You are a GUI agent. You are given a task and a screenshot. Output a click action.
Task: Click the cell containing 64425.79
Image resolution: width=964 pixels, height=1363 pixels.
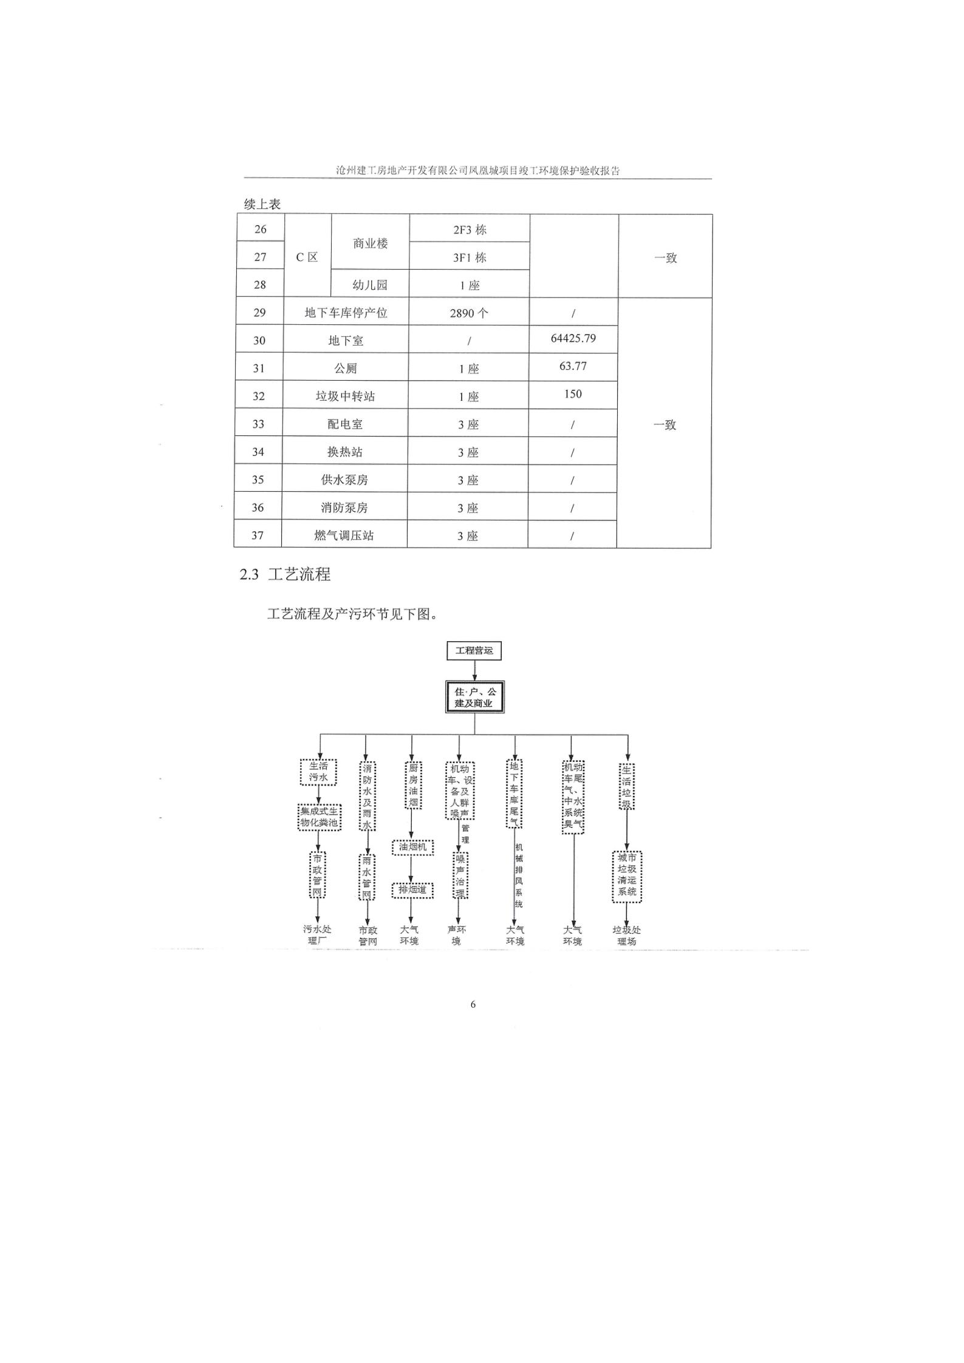click(573, 339)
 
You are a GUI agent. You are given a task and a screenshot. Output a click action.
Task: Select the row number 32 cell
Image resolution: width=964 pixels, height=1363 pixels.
click(259, 396)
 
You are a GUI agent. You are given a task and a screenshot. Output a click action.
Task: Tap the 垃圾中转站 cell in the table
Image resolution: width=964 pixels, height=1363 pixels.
click(345, 396)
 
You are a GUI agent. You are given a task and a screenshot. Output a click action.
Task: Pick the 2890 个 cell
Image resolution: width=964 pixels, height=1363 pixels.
click(469, 313)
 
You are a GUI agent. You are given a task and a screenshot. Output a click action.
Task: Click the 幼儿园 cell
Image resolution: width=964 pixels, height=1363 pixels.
click(370, 284)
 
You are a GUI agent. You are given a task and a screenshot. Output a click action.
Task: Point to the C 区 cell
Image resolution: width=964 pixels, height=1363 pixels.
click(307, 257)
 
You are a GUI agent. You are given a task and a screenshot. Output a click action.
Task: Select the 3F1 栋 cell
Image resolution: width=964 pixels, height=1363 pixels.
click(470, 257)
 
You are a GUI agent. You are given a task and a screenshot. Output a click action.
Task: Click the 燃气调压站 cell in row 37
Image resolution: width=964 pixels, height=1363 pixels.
click(344, 535)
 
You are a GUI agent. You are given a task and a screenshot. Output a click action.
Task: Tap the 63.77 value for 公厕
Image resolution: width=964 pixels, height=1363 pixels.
click(573, 367)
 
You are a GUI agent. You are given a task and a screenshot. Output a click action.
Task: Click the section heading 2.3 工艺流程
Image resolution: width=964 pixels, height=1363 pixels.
click(285, 574)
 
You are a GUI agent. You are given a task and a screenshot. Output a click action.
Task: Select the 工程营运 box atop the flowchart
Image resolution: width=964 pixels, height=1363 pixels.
click(474, 651)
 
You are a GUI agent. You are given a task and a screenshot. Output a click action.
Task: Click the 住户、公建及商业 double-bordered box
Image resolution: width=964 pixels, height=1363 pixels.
click(474, 697)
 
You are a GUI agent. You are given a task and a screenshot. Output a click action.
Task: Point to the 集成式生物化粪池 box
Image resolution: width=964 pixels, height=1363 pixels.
click(319, 817)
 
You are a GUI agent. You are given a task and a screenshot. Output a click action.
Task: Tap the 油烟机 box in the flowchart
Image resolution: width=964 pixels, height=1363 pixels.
click(412, 847)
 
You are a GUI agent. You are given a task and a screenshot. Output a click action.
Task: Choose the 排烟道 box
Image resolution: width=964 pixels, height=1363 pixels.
click(412, 891)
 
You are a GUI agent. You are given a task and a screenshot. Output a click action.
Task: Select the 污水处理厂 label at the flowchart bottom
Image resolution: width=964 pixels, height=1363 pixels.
click(317, 935)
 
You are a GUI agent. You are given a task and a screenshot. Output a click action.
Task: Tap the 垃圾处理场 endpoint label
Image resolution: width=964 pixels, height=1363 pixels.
click(627, 935)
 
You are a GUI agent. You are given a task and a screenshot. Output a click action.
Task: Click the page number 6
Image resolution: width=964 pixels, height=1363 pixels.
click(473, 1004)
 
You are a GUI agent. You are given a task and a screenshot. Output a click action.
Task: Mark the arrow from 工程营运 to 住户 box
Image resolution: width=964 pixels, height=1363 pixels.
click(474, 670)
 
